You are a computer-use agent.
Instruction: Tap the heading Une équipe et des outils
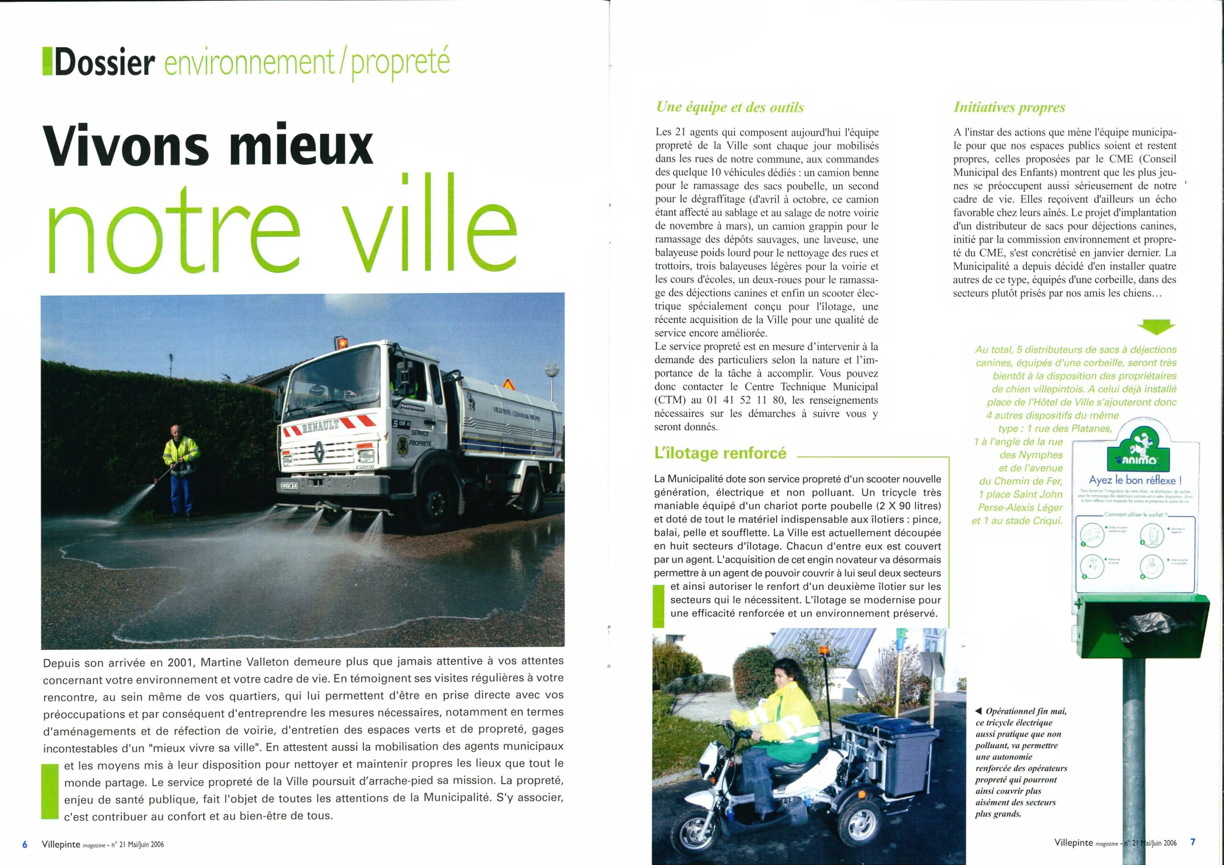click(730, 107)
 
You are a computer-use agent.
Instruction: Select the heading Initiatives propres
click(1009, 107)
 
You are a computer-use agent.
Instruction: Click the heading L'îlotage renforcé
click(720, 453)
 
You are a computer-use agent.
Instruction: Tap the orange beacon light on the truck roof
click(342, 343)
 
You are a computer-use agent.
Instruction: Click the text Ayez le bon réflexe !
click(1136, 481)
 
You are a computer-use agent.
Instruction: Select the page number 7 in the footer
click(1193, 842)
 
